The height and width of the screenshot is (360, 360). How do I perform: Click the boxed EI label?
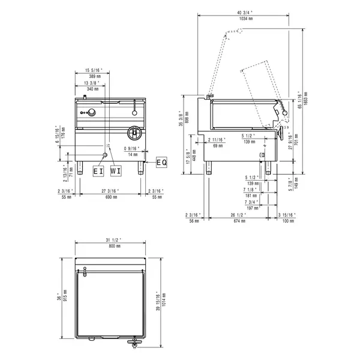point(98,171)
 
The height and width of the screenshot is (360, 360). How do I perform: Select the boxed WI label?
point(116,171)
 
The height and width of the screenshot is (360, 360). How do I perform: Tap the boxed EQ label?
point(161,162)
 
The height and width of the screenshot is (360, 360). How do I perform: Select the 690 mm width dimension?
point(110,197)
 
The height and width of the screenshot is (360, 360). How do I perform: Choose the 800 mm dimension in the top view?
point(112,247)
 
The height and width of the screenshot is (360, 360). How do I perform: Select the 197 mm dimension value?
point(251,208)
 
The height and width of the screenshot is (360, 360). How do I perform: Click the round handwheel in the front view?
point(134,131)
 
